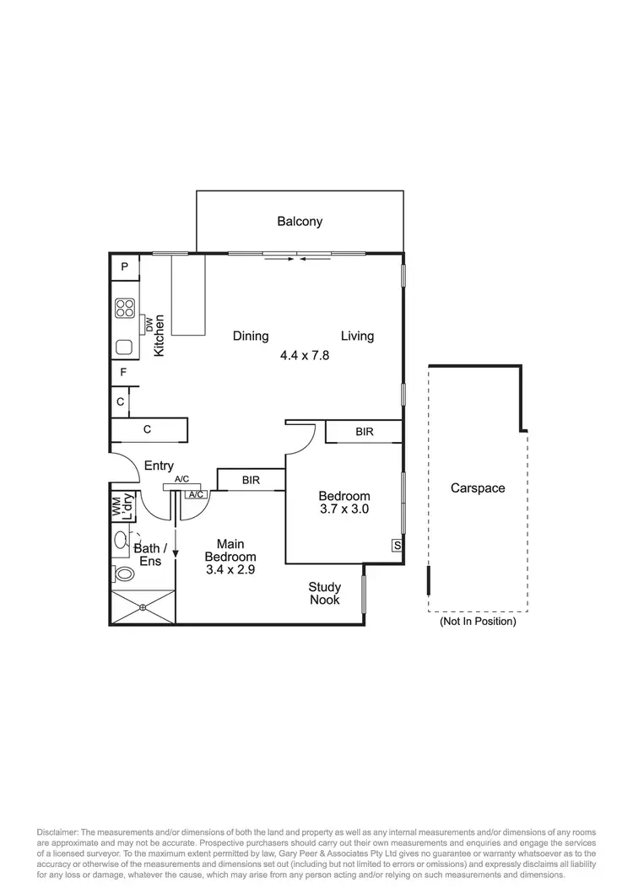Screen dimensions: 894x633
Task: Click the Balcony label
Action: click(x=300, y=222)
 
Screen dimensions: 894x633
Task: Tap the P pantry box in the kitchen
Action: click(x=124, y=267)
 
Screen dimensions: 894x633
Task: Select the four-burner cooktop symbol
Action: click(x=126, y=308)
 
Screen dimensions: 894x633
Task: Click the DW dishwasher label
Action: click(x=149, y=324)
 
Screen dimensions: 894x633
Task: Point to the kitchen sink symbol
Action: click(x=125, y=346)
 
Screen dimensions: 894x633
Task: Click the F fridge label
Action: click(x=123, y=372)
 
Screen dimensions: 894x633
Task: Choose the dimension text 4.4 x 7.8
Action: click(x=305, y=356)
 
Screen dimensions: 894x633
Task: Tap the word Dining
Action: click(x=251, y=337)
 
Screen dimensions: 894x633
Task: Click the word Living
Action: click(x=357, y=337)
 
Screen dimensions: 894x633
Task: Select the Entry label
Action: click(x=159, y=466)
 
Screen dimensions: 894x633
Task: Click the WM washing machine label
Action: click(x=116, y=508)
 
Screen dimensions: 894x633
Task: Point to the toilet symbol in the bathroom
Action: click(x=124, y=574)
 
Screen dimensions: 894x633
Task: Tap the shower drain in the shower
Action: click(x=143, y=606)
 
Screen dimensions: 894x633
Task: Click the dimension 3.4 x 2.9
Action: click(x=230, y=569)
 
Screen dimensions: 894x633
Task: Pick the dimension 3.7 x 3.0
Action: click(x=344, y=509)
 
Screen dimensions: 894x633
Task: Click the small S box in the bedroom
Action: click(x=396, y=546)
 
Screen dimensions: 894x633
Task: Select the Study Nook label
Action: click(x=324, y=593)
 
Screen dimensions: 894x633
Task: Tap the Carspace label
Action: click(x=478, y=488)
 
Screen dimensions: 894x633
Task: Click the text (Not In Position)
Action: click(x=478, y=622)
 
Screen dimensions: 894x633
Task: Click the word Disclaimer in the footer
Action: click(x=58, y=822)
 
